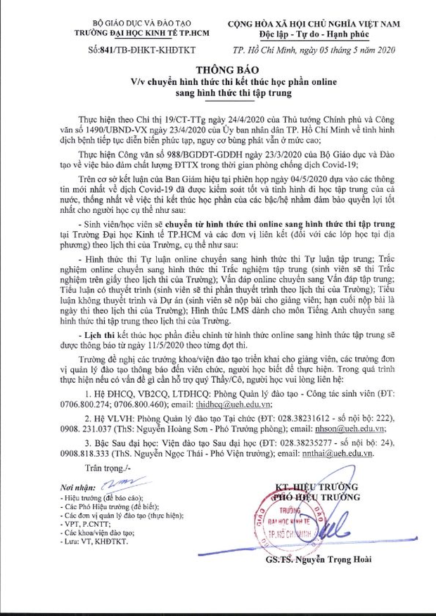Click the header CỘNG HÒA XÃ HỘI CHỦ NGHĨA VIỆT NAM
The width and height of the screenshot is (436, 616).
(314, 24)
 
